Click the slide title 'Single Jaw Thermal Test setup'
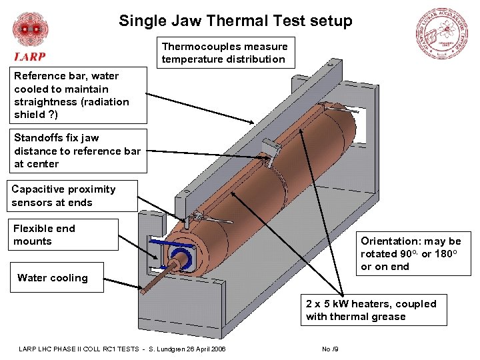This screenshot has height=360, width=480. (x=235, y=21)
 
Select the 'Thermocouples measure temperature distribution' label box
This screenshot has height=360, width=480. (x=225, y=53)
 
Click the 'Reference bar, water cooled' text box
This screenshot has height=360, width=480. (x=78, y=95)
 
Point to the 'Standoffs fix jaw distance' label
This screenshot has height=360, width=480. (x=78, y=151)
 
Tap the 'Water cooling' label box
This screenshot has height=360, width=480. (x=53, y=278)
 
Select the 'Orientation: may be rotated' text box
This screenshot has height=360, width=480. (x=411, y=253)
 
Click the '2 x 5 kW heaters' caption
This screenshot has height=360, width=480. (x=371, y=310)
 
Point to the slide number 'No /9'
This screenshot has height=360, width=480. (x=331, y=349)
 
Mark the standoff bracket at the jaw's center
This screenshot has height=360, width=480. (x=270, y=149)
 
